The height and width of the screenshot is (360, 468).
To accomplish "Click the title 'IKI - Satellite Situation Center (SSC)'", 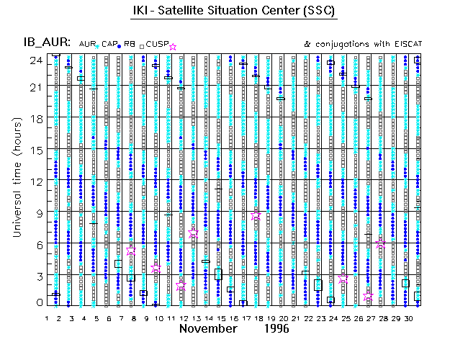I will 235,12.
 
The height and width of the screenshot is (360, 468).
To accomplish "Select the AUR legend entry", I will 89,44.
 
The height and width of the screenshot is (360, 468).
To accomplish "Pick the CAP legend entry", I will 110,44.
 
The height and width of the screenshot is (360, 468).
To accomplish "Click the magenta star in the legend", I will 173,47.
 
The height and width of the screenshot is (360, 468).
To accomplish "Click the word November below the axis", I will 208,329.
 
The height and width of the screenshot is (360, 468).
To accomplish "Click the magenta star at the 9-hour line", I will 256,215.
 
